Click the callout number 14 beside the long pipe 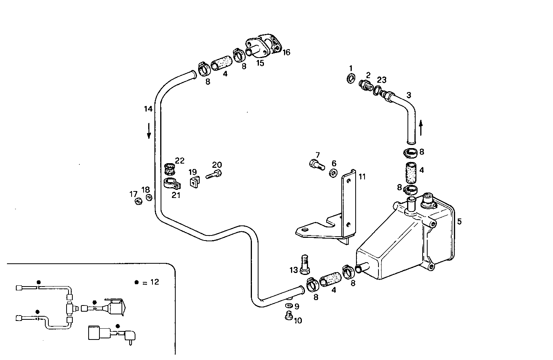148,109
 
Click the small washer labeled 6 333,173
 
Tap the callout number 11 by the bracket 362,177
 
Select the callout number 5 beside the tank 459,222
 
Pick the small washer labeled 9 289,306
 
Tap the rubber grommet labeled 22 169,169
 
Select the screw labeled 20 214,175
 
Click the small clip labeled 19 194,181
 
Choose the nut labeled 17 137,201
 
